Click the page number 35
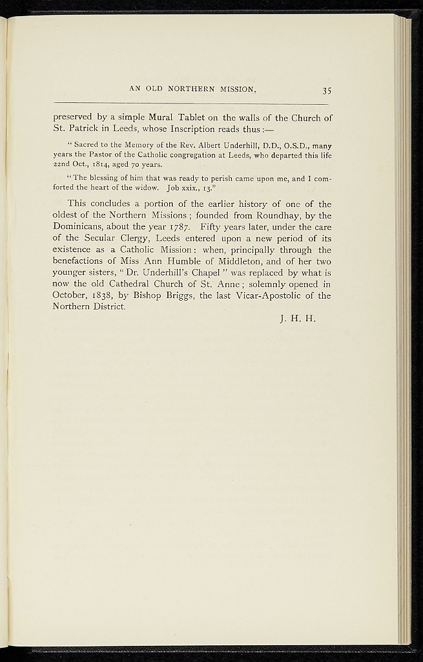coord(326,90)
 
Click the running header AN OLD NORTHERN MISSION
coord(193,89)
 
